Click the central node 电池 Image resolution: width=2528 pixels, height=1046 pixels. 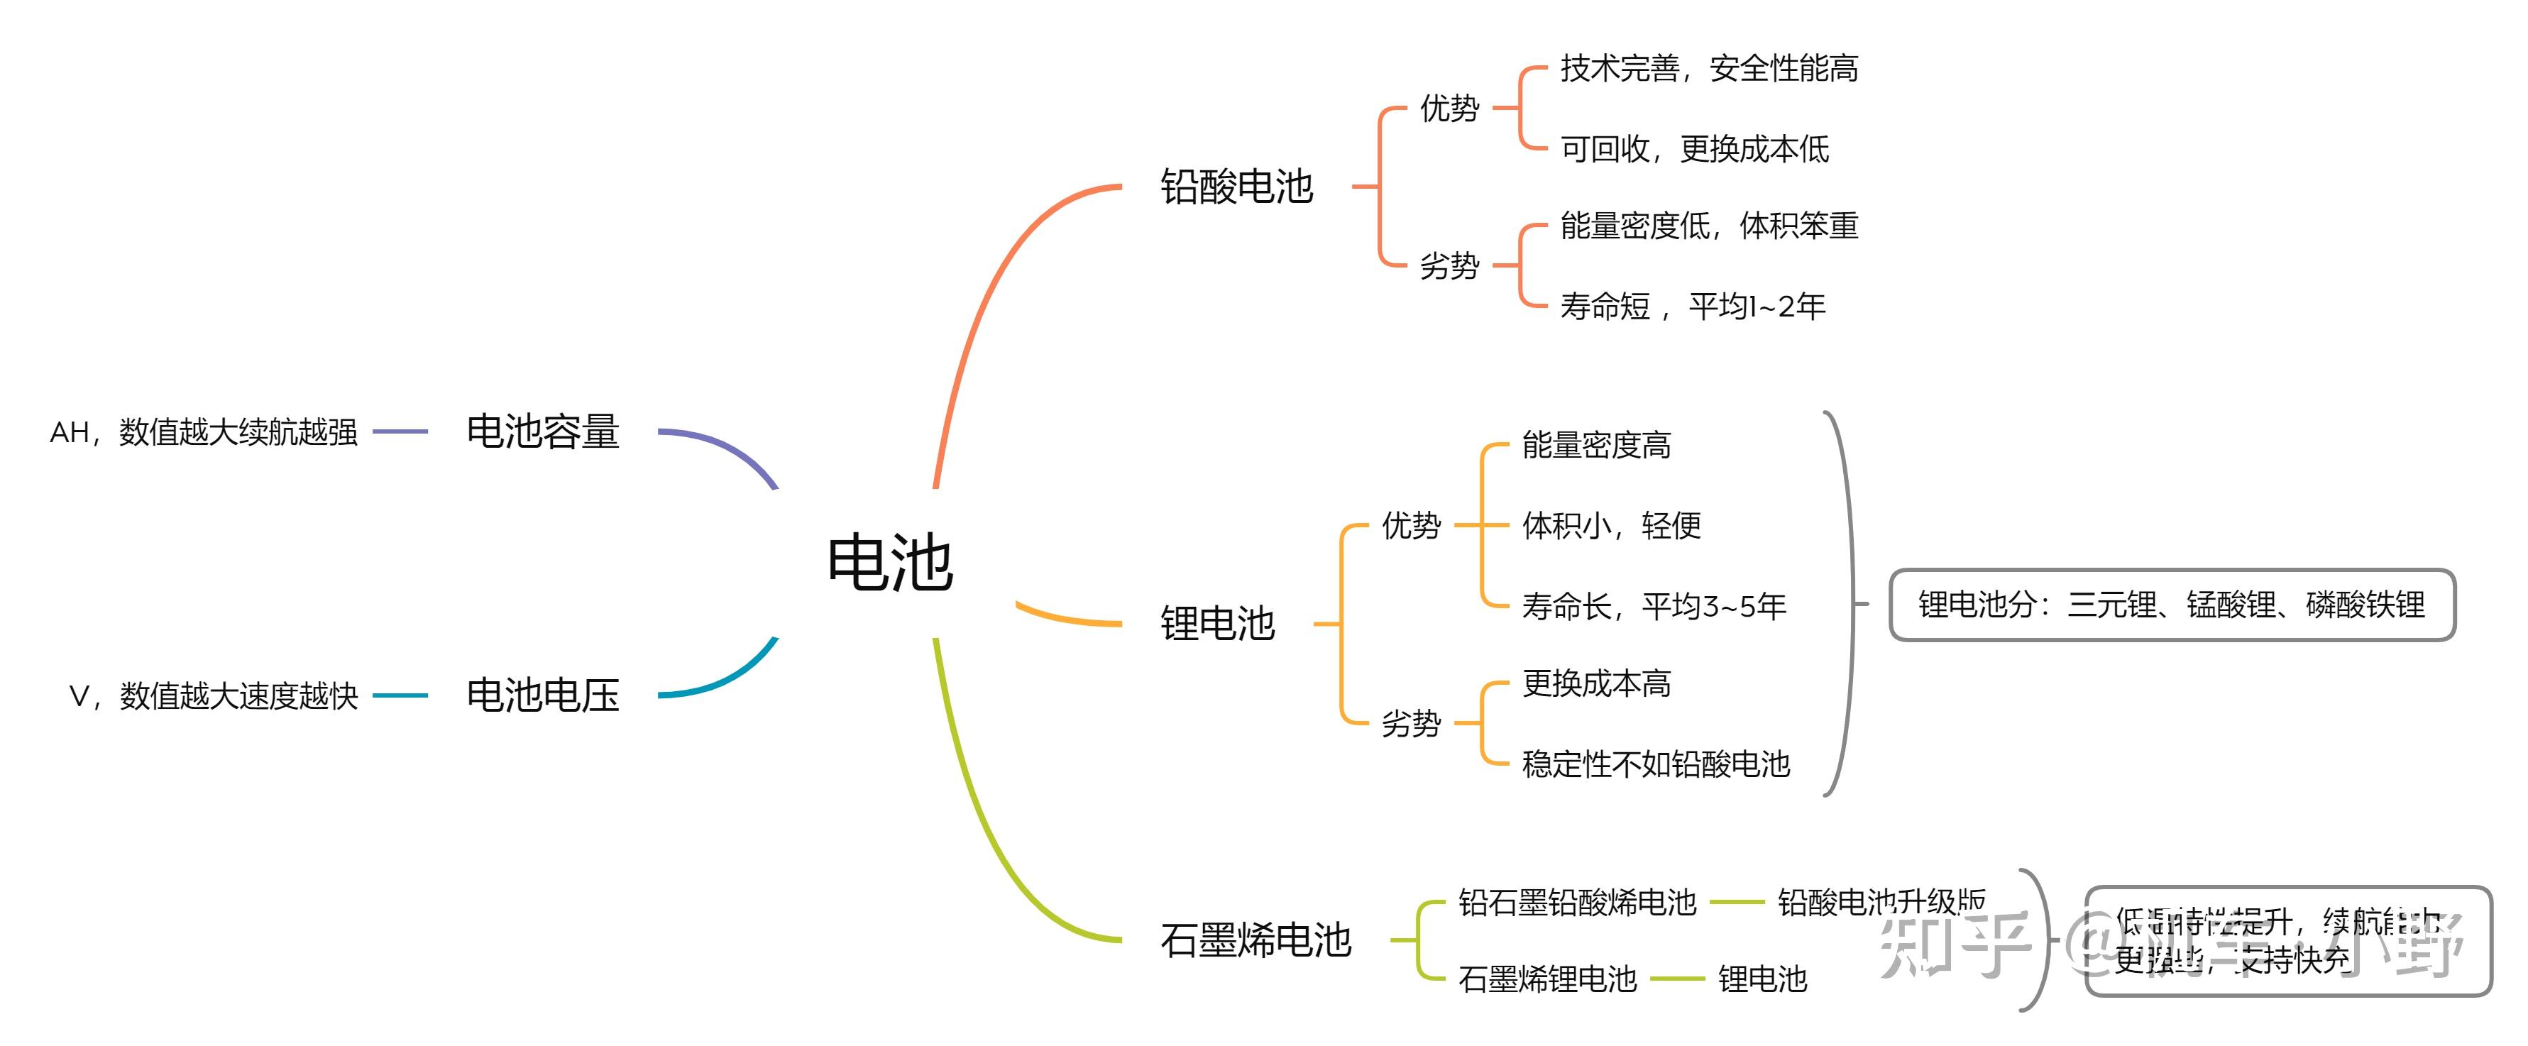tap(889, 563)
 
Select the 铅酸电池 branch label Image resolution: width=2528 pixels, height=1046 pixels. tap(1236, 187)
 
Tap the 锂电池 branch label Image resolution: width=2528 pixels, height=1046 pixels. tap(1217, 623)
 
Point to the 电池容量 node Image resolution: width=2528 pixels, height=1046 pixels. tap(543, 431)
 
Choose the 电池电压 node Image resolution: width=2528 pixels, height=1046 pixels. tap(543, 695)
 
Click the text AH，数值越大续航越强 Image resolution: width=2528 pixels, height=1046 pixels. tap(204, 433)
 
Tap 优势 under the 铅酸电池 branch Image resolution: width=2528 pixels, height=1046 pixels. tap(1449, 108)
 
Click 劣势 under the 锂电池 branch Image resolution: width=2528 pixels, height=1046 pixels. tap(1410, 723)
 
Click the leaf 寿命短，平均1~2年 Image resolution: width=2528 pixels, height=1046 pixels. tap(1692, 306)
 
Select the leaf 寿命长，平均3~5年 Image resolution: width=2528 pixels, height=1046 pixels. tap(1654, 607)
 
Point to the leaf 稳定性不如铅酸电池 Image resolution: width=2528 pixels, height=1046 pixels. tap(1656, 764)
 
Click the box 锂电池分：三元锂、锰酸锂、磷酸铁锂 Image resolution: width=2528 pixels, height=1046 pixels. tap(2171, 605)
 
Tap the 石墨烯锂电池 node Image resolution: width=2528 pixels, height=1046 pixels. tap(1546, 979)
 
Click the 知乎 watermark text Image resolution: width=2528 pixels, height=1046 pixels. tap(1953, 944)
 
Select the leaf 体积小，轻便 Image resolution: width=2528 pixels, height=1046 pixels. tap(1610, 526)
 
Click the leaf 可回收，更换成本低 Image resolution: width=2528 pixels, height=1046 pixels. tap(1694, 149)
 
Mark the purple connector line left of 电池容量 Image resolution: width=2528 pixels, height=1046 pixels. tap(400, 431)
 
